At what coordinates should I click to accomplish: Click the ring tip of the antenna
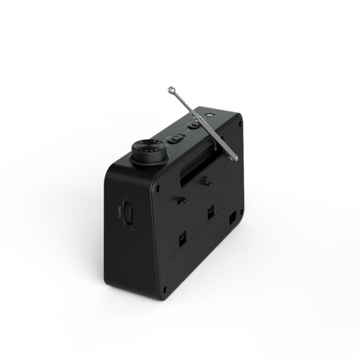(x=171, y=89)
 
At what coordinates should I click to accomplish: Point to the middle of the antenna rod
(x=203, y=124)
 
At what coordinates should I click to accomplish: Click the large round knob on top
(x=149, y=152)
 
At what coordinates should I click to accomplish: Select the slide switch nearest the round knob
(x=176, y=138)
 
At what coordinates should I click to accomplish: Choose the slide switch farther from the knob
(x=195, y=124)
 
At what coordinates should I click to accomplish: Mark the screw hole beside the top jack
(x=240, y=124)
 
